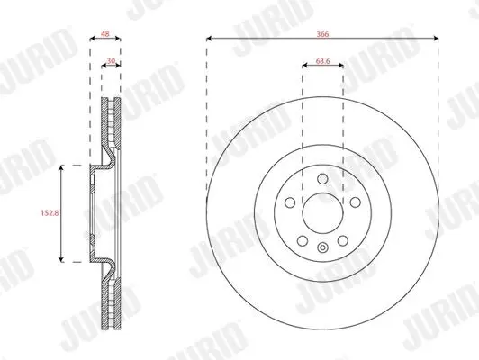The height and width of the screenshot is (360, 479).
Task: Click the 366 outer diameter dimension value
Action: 322,34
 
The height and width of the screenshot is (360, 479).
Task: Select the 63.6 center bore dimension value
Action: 323,61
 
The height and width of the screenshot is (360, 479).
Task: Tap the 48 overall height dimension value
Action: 105,34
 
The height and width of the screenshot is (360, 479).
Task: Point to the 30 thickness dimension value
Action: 112,61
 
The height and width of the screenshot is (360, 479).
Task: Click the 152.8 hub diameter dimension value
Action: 50,212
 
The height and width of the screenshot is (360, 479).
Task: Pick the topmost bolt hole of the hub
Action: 322,178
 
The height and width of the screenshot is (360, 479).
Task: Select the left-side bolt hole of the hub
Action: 290,202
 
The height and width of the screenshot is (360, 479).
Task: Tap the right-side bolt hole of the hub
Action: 356,202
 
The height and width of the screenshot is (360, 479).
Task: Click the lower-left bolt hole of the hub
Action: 303,240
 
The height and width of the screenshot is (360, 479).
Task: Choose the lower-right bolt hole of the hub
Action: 343,240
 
